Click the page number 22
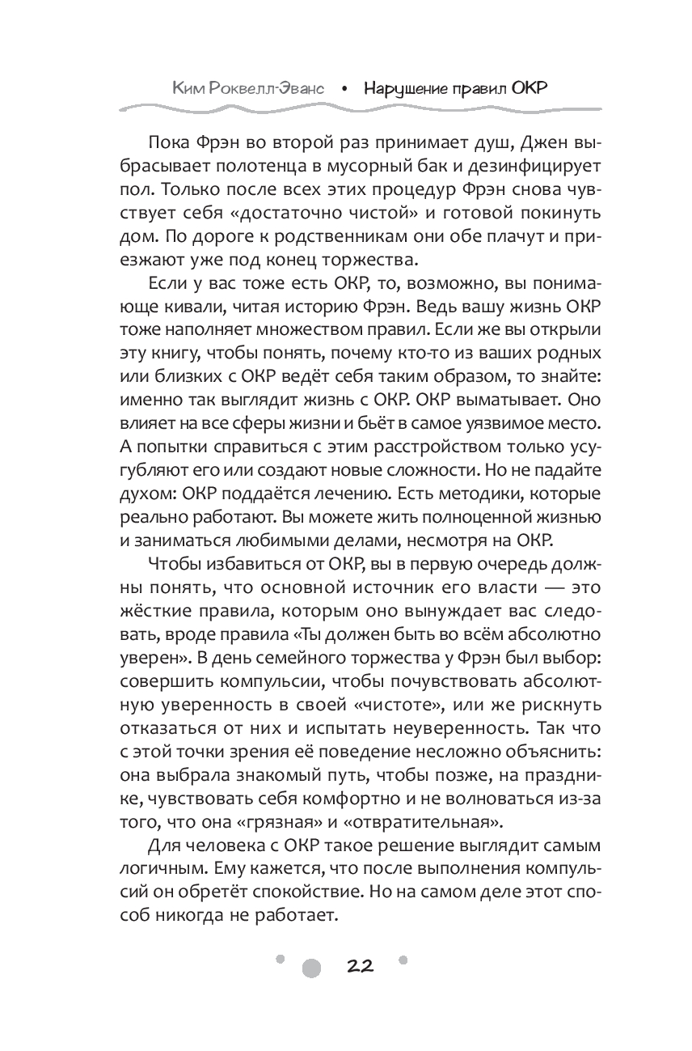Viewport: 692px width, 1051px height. click(x=360, y=966)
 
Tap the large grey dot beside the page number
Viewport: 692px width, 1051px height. click(x=311, y=968)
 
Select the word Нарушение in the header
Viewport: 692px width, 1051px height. click(x=403, y=87)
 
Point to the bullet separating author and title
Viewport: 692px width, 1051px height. click(x=345, y=88)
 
